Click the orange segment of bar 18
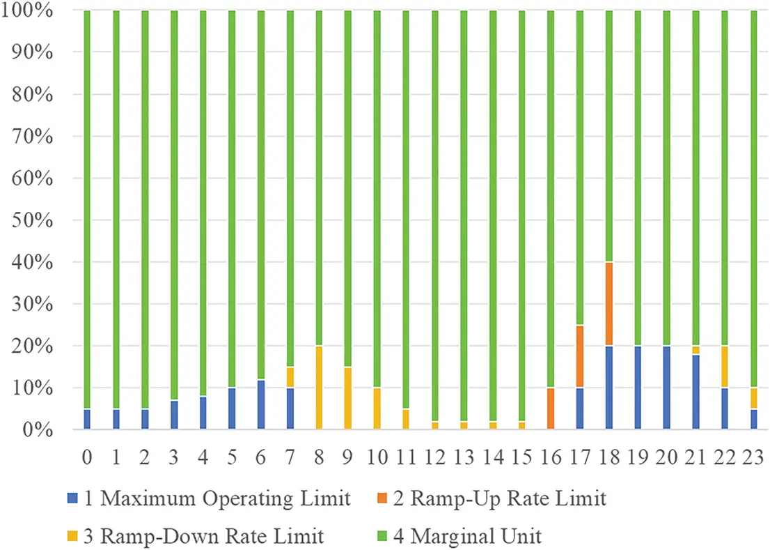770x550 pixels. pyautogui.click(x=608, y=304)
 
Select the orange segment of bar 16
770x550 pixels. pyautogui.click(x=551, y=408)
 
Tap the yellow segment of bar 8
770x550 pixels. pyautogui.click(x=319, y=388)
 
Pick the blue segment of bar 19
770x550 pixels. pyautogui.click(x=638, y=388)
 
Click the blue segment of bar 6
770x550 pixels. pyautogui.click(x=261, y=404)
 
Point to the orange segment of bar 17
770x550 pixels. pyautogui.click(x=580, y=356)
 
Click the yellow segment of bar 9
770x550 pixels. pyautogui.click(x=348, y=398)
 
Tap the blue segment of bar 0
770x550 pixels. pyautogui.click(x=87, y=419)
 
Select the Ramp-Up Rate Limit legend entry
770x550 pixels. pyautogui.click(x=501, y=499)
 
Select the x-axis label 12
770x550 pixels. pyautogui.click(x=434, y=457)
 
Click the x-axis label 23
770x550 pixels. pyautogui.click(x=754, y=457)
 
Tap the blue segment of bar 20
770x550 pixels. pyautogui.click(x=667, y=388)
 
